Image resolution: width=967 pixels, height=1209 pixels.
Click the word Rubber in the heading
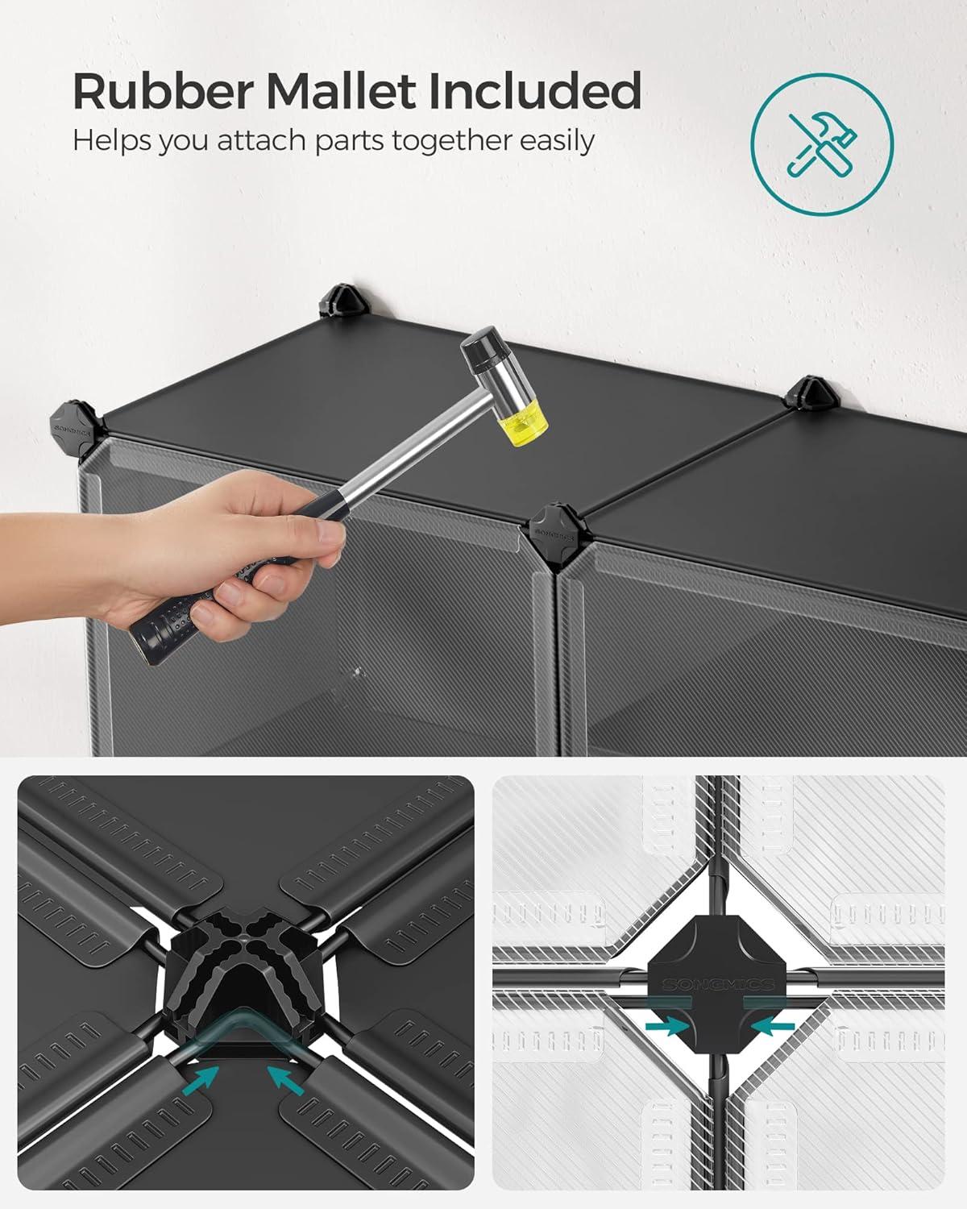click(x=164, y=90)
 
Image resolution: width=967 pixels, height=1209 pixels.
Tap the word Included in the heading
click(x=535, y=90)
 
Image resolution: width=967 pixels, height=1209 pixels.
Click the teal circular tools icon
click(x=821, y=143)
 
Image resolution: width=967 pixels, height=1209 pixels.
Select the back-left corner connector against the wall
click(x=342, y=301)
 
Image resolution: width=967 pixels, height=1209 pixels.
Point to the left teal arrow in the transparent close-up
click(x=667, y=1027)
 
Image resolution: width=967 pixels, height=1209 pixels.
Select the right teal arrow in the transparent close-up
click(x=773, y=1027)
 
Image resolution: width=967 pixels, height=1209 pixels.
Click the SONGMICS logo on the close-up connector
click(x=718, y=984)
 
